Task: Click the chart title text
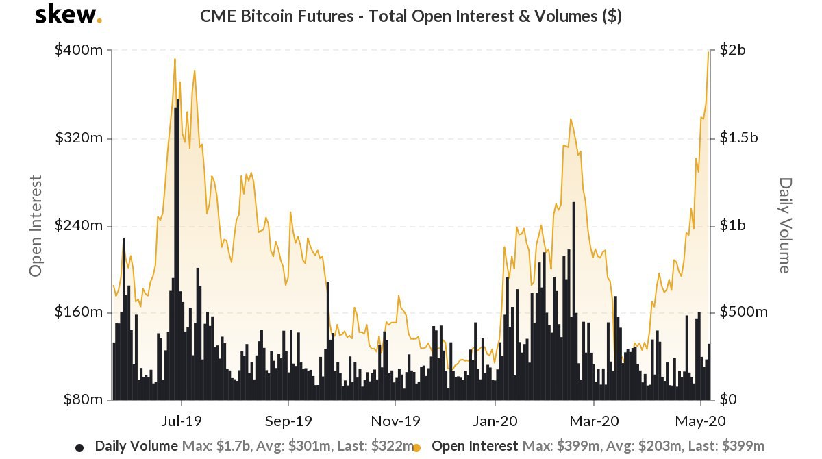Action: (410, 16)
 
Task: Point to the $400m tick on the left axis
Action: (79, 51)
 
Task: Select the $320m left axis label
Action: (79, 138)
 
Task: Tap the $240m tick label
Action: (79, 225)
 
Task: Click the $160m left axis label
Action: (79, 312)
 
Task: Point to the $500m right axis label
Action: (743, 312)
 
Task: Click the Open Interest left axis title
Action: (36, 225)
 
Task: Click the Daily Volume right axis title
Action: (785, 225)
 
